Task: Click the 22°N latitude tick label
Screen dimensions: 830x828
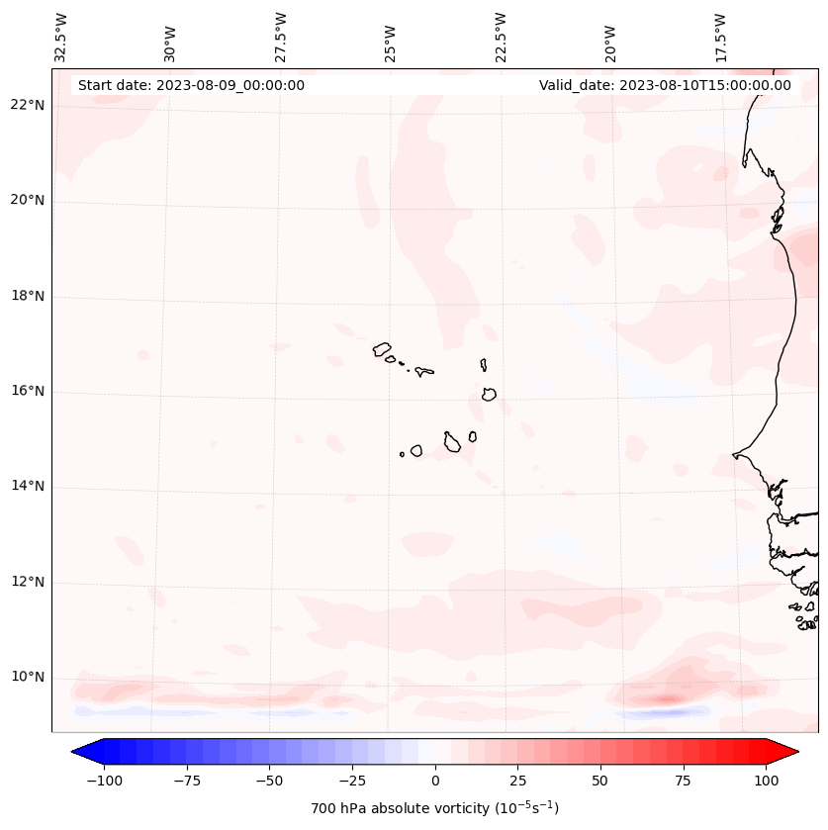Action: click(28, 106)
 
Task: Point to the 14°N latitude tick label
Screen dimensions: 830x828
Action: click(28, 487)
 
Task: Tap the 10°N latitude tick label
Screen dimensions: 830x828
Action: click(28, 678)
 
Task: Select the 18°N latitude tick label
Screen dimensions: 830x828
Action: click(28, 296)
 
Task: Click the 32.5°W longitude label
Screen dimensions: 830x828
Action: click(61, 38)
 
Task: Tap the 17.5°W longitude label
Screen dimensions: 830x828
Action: click(721, 38)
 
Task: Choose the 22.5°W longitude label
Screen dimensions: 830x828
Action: click(501, 38)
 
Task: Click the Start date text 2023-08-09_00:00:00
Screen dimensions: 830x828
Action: click(191, 85)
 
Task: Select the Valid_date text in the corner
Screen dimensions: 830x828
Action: click(665, 85)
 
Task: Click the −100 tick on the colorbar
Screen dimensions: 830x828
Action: click(104, 781)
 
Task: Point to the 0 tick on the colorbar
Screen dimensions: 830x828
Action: click(435, 781)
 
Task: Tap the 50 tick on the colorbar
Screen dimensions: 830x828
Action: click(600, 781)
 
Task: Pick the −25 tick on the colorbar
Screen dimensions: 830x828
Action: click(352, 781)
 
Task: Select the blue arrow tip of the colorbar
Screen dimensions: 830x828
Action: click(79, 752)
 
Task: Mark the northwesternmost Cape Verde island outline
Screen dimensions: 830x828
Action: click(382, 348)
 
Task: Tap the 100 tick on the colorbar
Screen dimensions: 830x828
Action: click(766, 781)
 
